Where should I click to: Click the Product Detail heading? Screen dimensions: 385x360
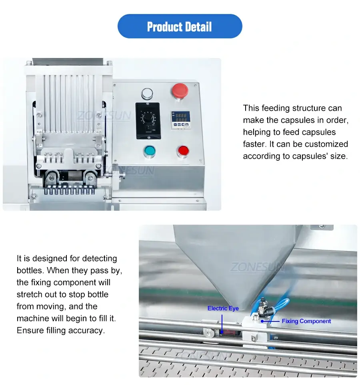pos(180,27)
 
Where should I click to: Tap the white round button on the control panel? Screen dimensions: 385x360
pos(147,94)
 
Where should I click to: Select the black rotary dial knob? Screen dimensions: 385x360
pos(148,119)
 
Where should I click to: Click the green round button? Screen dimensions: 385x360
pos(149,151)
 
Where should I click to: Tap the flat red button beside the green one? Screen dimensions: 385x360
pos(183,151)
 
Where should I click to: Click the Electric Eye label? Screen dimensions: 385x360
pos(223,308)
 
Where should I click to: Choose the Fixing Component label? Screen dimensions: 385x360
pos(306,321)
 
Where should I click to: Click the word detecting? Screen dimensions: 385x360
pos(99,258)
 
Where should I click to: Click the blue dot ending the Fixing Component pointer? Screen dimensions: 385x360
pos(262,321)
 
